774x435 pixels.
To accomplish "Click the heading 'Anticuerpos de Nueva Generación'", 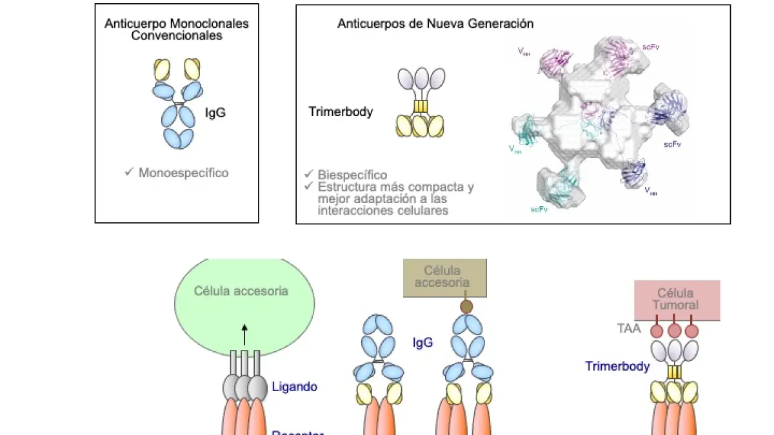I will (x=435, y=23).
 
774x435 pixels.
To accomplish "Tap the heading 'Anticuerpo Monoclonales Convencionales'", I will (x=177, y=30).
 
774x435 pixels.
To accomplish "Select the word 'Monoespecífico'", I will (x=183, y=173).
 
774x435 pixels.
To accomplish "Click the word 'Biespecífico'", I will (x=352, y=175).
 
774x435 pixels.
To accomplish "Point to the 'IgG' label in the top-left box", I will (x=215, y=114).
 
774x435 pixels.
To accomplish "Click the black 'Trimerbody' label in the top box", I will (x=341, y=111).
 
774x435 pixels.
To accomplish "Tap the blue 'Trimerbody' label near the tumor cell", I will (x=617, y=366).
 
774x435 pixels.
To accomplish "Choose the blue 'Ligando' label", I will (x=294, y=387).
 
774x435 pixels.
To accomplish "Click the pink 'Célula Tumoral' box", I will (x=677, y=300).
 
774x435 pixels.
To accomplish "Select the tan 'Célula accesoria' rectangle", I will (x=444, y=278).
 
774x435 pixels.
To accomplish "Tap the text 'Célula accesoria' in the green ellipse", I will (x=241, y=291).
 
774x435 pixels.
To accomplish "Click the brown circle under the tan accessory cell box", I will (x=466, y=307).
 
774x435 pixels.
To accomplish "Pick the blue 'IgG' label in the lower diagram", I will (x=422, y=342).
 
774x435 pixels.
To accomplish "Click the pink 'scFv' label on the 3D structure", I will (x=650, y=47).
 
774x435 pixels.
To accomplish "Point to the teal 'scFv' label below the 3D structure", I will (x=539, y=209).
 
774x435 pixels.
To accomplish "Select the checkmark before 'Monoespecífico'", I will (x=129, y=172).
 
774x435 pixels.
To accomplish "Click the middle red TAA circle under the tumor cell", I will (x=675, y=331).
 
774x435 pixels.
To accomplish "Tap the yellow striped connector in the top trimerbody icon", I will (x=421, y=106).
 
